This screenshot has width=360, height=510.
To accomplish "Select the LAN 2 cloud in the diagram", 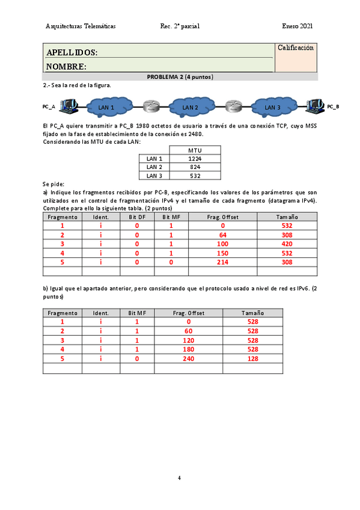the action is (190, 107).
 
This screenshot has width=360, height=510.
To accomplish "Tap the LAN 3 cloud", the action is (273, 107).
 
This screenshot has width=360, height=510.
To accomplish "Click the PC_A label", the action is (49, 106).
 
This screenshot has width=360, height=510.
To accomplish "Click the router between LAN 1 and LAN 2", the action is (150, 107).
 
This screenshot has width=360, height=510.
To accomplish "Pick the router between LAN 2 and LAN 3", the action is (233, 107).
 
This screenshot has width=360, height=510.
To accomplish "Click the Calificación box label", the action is (295, 48).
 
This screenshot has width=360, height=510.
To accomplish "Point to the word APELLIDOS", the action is (72, 53).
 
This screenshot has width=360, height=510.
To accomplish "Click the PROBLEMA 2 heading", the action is (180, 77).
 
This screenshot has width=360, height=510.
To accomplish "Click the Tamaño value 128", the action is (252, 358).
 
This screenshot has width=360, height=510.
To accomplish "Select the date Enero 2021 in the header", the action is (297, 26).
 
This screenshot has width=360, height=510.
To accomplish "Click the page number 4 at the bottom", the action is (179, 478).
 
